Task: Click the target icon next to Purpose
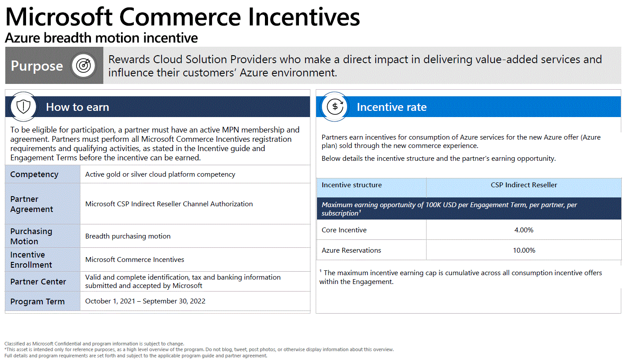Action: coord(83,65)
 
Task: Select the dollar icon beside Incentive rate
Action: coord(335,106)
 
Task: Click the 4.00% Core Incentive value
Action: coord(524,230)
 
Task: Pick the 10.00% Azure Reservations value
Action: coord(524,250)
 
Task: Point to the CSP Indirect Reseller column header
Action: coord(524,185)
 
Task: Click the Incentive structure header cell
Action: coord(351,185)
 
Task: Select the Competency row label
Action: coord(34,174)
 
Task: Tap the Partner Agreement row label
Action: coord(32,204)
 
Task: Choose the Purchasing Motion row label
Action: coord(31,236)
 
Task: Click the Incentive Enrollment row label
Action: coord(31,260)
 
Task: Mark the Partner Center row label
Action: coord(38,282)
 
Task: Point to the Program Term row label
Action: coord(38,302)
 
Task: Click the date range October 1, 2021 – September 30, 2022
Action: coord(145,301)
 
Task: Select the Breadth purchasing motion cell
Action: coord(128,236)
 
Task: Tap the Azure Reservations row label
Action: coord(351,250)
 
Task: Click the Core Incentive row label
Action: coord(344,230)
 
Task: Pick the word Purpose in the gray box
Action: coord(37,66)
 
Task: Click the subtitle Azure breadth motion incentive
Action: coord(101,38)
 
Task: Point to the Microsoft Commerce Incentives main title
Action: coord(182,17)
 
